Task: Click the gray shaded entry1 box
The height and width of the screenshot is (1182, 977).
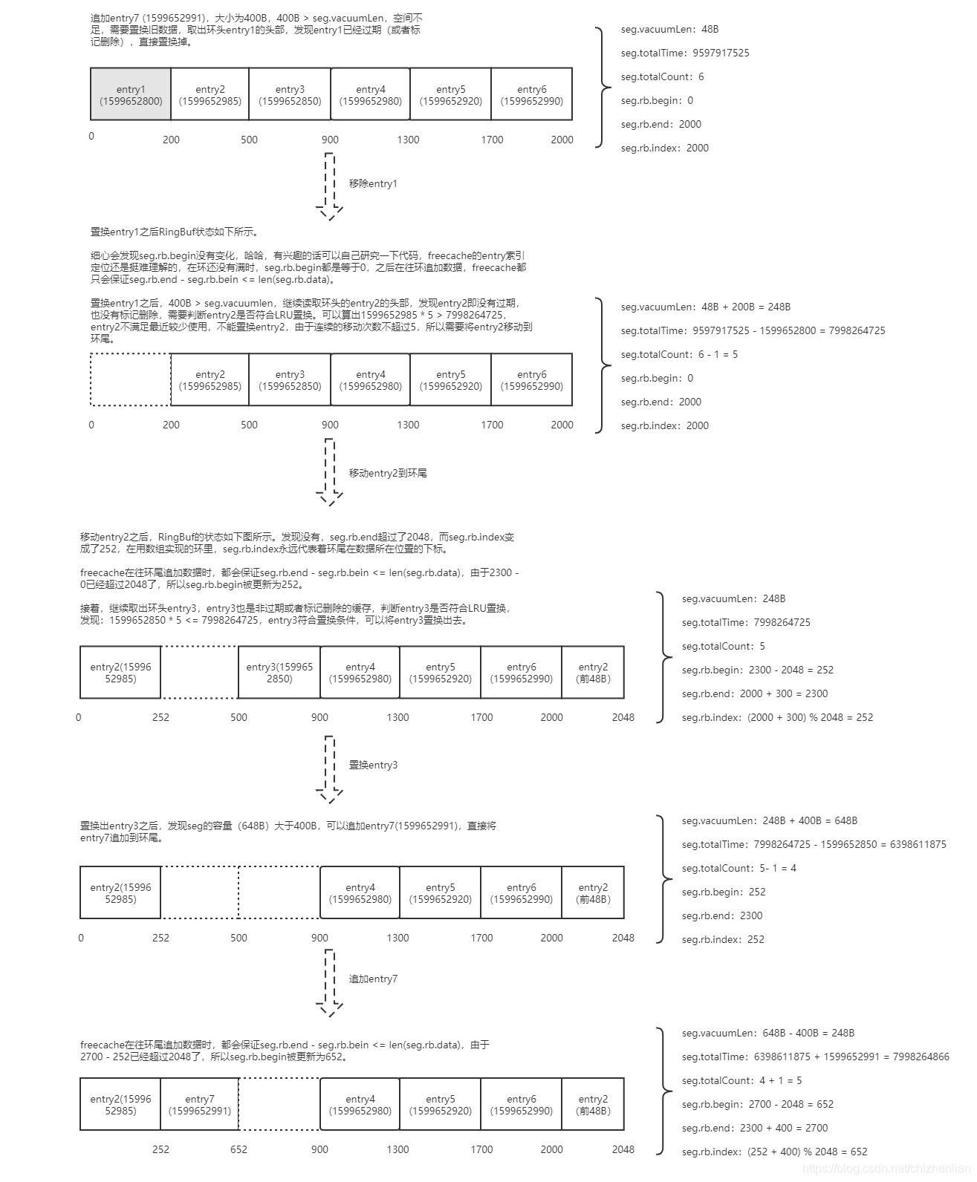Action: pyautogui.click(x=131, y=94)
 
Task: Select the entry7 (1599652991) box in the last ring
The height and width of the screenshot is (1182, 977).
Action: pyautogui.click(x=199, y=1104)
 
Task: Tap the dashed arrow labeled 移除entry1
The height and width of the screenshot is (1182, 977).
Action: pyautogui.click(x=329, y=186)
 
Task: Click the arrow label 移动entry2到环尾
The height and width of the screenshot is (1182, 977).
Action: pyautogui.click(x=388, y=473)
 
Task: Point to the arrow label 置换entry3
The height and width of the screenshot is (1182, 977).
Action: pyautogui.click(x=373, y=765)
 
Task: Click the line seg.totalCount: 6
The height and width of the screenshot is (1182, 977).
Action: pyautogui.click(x=662, y=76)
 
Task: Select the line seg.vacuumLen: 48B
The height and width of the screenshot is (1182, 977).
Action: pyautogui.click(x=669, y=29)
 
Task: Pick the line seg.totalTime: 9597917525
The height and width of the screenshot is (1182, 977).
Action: pyautogui.click(x=685, y=53)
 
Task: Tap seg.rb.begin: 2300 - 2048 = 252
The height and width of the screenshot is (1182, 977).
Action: pyautogui.click(x=758, y=670)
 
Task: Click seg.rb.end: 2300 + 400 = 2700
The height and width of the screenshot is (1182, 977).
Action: pyautogui.click(x=755, y=1128)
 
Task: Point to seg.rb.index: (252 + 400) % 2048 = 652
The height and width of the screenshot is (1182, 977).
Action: pyautogui.click(x=775, y=1152)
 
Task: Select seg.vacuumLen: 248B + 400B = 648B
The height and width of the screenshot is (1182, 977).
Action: pyautogui.click(x=770, y=820)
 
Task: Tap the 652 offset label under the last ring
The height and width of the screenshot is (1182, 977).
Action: pyautogui.click(x=238, y=1149)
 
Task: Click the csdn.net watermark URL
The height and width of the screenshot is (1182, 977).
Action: pyautogui.click(x=889, y=1169)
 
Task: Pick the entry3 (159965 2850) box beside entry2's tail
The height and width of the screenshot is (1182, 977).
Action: pyautogui.click(x=279, y=673)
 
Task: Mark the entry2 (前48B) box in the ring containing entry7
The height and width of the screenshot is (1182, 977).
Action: pyautogui.click(x=593, y=1104)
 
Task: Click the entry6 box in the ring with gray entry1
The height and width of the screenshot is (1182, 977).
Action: pyautogui.click(x=531, y=94)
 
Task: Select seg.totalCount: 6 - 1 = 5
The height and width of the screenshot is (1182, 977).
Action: pyautogui.click(x=679, y=354)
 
